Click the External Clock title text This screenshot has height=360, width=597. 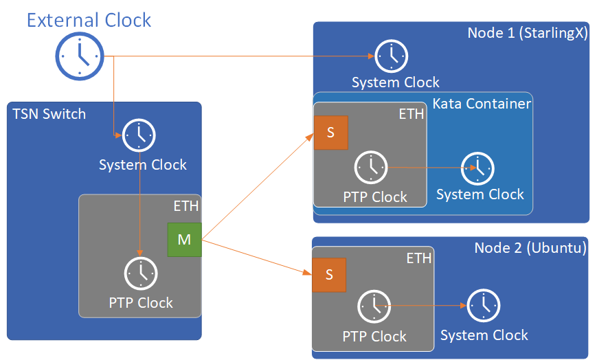89,19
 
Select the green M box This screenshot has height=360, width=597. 184,240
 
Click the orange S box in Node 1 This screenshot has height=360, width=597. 330,133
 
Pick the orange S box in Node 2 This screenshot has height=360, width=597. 329,275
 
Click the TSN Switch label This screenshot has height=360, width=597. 49,114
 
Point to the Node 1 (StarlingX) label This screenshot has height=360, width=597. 527,33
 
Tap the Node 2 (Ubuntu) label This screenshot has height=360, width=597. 530,248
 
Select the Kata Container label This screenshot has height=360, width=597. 482,104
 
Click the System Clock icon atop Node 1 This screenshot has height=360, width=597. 392,56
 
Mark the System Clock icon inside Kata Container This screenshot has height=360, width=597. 477,167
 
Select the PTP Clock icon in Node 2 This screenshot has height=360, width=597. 374,306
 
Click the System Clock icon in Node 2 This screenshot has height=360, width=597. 484,306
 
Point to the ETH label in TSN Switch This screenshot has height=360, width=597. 185,205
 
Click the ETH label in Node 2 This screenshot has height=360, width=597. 418,258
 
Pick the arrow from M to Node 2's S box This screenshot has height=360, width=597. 254,256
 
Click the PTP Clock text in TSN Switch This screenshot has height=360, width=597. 141,302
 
